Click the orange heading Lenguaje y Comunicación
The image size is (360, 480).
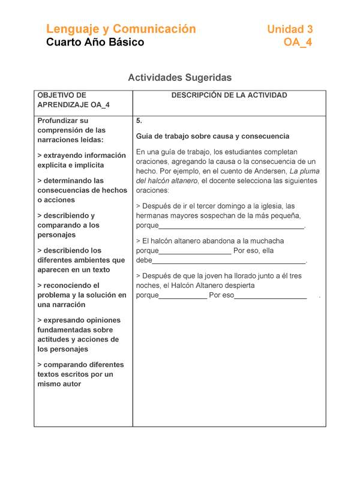[x=121, y=29]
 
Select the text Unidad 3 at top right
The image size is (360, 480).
[x=290, y=29]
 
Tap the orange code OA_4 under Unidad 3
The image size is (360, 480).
[x=298, y=43]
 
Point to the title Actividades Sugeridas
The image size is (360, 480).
[x=179, y=78]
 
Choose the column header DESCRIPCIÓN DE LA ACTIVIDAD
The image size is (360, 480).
[x=229, y=95]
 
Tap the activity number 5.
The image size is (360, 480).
[x=139, y=121]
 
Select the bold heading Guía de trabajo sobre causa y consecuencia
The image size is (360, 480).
[x=212, y=136]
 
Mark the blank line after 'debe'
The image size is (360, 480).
[x=229, y=261]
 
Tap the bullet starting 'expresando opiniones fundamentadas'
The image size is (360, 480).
[x=79, y=334]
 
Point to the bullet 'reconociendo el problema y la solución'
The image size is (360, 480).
[x=82, y=295]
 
